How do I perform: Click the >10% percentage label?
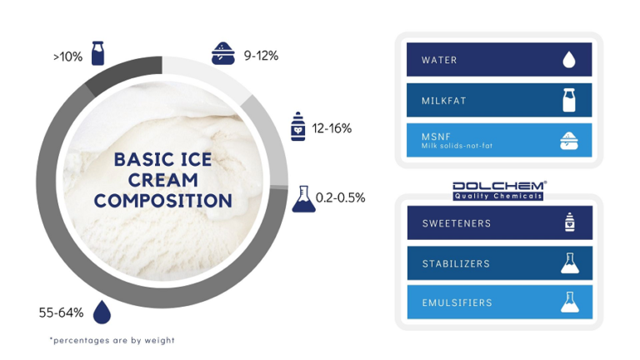(x=67, y=57)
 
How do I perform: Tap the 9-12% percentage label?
(x=261, y=56)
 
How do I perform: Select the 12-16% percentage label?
(x=332, y=128)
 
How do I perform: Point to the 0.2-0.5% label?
(x=340, y=197)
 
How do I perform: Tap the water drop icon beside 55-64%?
(x=102, y=312)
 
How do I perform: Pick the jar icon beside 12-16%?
(x=297, y=127)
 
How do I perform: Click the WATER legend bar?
(x=499, y=60)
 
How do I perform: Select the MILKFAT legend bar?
(x=499, y=100)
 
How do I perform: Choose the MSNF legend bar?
(x=499, y=140)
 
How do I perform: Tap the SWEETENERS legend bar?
(x=499, y=223)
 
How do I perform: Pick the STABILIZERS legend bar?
(x=499, y=263)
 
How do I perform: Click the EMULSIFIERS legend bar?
(x=499, y=302)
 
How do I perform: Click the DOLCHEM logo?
(x=498, y=190)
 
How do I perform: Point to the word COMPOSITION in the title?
(x=162, y=201)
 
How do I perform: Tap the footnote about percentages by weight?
(x=112, y=340)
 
